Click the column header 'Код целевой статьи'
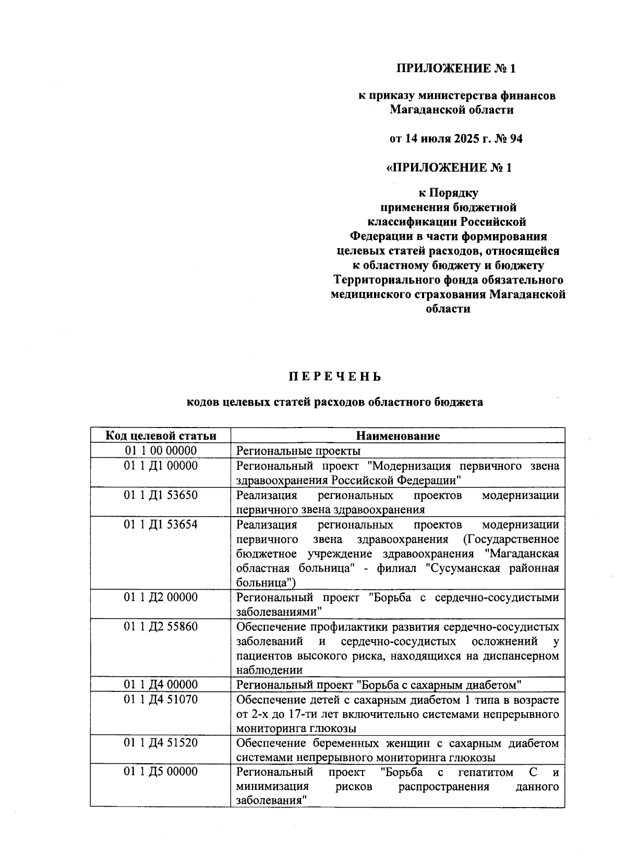tap(161, 436)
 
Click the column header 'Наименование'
tap(398, 436)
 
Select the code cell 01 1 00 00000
tap(161, 450)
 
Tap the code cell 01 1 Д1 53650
tap(161, 495)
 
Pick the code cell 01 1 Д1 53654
tap(161, 524)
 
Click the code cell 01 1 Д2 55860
tap(161, 626)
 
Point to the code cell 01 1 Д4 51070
tap(161, 699)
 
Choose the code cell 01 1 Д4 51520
tap(161, 742)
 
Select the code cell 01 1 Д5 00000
tap(161, 772)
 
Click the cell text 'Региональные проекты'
tap(298, 451)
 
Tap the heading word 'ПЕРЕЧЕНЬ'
tap(335, 376)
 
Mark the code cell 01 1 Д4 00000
tap(161, 684)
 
